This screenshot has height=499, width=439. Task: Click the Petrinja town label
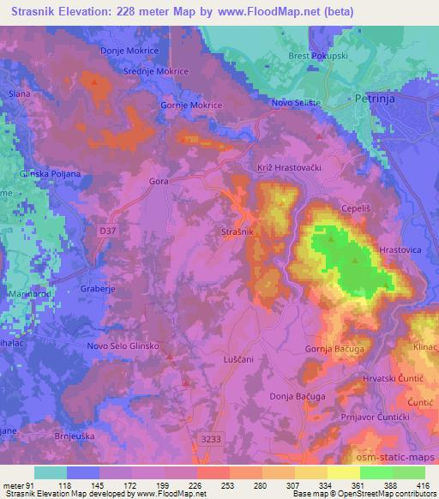(x=374, y=99)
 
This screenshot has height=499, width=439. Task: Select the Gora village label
(x=159, y=182)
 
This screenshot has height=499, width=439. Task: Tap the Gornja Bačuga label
(x=334, y=349)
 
